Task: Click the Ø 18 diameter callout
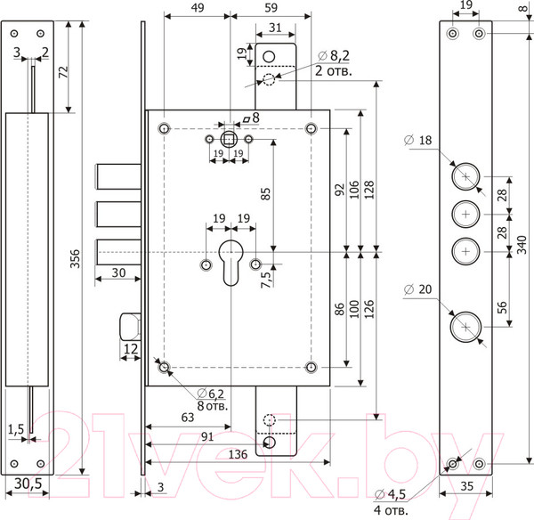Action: [424, 140]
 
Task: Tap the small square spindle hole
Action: [229, 139]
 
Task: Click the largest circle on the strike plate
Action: [465, 328]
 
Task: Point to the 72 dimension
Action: [63, 73]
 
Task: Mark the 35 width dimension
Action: [466, 487]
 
